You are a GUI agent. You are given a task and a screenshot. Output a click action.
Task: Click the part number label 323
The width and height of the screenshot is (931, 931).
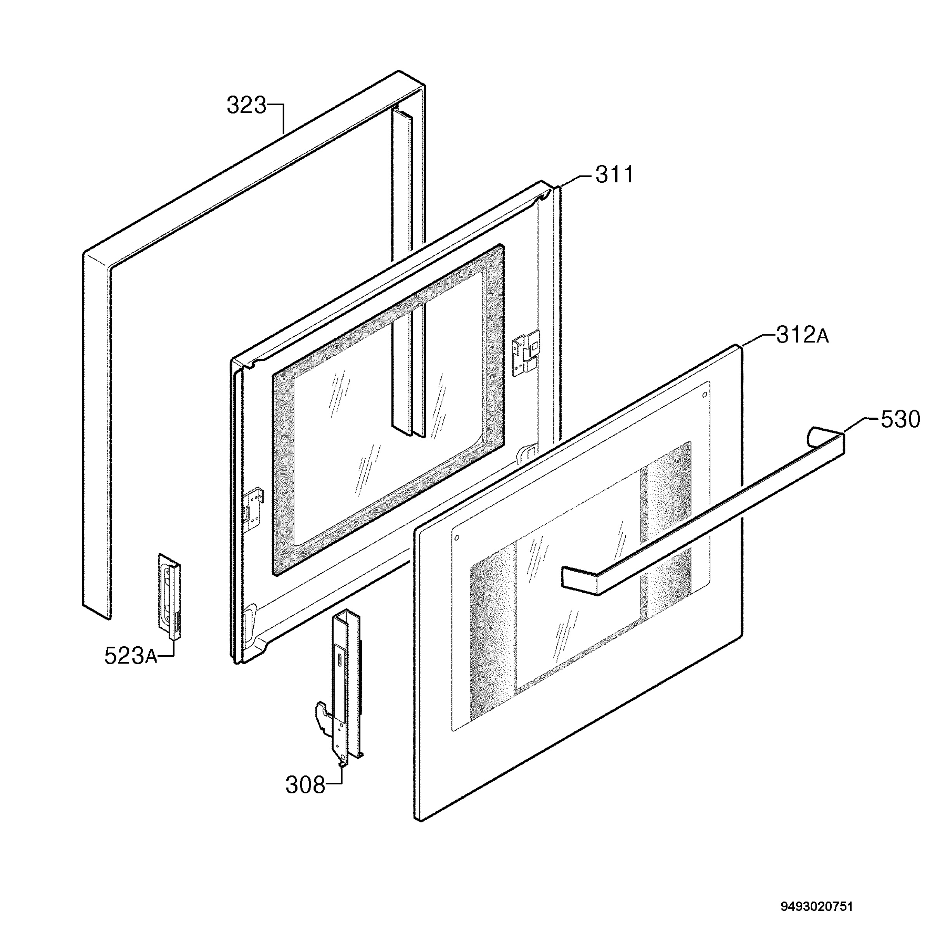coord(246,106)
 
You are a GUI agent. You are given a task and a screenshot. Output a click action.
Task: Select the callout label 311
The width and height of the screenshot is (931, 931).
coord(614,175)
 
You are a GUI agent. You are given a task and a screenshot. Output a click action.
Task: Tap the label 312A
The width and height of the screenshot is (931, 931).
coord(802,335)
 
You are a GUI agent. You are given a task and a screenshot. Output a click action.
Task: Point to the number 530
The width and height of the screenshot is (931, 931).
coord(900,419)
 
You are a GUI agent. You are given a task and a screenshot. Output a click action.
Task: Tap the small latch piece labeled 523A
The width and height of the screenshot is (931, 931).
coord(170,597)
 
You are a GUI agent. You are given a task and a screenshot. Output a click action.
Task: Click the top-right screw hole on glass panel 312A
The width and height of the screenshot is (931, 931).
coord(704,395)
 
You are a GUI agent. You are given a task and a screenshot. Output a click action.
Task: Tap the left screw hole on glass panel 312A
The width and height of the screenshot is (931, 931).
coord(457,537)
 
